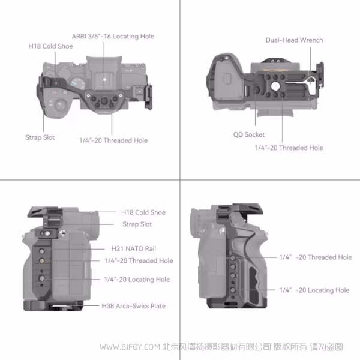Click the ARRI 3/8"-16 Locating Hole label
point(113,37)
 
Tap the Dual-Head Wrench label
point(294,40)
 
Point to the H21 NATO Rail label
point(134,248)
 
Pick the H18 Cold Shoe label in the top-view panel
point(51,46)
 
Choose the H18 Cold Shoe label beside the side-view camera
point(143,212)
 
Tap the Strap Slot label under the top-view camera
point(40,137)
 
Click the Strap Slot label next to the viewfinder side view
point(137,224)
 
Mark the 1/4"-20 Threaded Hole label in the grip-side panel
point(315,257)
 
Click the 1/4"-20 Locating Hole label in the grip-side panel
point(314,290)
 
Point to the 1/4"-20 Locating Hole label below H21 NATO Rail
point(137,280)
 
